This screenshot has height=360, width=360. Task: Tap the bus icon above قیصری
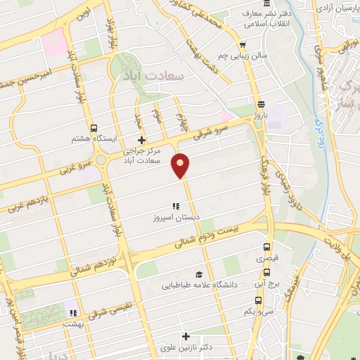tap(266, 247)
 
